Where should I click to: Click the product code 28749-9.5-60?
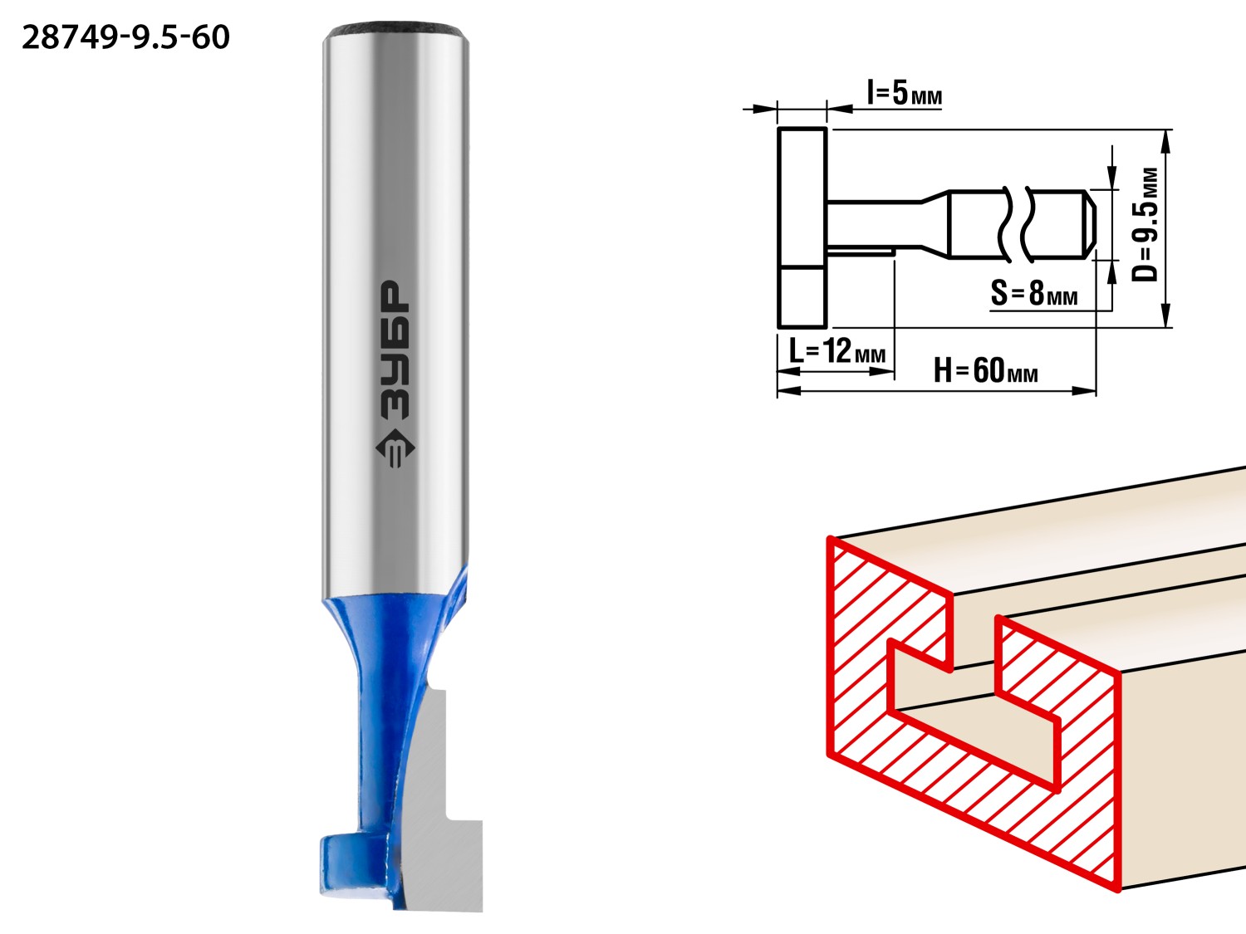pyautogui.click(x=126, y=38)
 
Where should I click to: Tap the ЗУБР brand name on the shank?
pyautogui.click(x=394, y=350)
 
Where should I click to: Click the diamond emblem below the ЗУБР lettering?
pyautogui.click(x=395, y=448)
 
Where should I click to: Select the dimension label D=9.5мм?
pyautogui.click(x=1145, y=225)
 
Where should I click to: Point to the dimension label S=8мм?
pyautogui.click(x=1034, y=293)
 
